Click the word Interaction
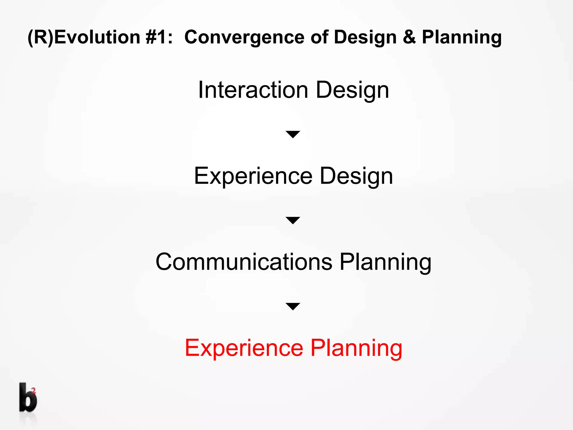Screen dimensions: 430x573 (253, 90)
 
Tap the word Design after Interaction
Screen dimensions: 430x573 (353, 90)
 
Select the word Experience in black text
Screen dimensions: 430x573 (253, 176)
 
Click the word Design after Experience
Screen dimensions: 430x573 (356, 176)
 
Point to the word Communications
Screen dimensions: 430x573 (244, 262)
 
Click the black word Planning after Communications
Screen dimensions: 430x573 (385, 262)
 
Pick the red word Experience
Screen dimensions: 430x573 (244, 348)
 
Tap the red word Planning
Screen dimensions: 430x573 (356, 348)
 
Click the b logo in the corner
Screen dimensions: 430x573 (27, 398)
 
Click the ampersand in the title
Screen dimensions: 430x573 (409, 37)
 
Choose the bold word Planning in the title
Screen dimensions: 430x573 (462, 37)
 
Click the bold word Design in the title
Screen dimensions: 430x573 (365, 37)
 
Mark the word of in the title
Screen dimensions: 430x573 (319, 37)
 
